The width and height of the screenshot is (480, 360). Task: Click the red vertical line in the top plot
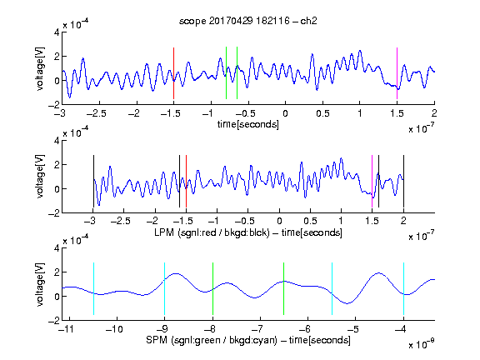click(173, 73)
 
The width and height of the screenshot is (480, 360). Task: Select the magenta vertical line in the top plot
click(397, 73)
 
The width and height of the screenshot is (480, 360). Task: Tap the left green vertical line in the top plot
click(226, 72)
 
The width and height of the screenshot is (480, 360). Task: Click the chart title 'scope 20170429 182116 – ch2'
click(248, 21)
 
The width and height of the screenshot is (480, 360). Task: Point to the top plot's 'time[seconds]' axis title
click(248, 124)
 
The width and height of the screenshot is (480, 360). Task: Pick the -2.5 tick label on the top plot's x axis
click(97, 114)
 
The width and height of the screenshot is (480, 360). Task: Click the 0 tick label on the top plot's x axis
click(285, 114)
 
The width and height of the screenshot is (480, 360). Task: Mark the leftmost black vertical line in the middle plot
click(93, 181)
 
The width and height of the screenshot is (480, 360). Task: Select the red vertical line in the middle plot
click(186, 181)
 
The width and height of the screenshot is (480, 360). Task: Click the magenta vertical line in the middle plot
click(372, 181)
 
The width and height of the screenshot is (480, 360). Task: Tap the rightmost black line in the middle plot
click(403, 181)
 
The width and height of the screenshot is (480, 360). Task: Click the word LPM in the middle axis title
click(164, 232)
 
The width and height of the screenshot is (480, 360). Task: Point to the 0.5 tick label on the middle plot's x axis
click(310, 221)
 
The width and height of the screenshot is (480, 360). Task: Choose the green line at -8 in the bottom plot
click(212, 288)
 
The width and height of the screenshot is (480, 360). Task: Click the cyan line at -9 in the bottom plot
click(165, 288)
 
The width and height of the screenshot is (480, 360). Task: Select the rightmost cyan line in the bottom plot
click(403, 288)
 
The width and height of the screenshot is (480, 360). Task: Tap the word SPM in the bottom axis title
click(157, 340)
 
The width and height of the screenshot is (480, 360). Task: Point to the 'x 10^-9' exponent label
click(422, 343)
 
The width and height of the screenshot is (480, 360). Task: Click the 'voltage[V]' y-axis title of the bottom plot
click(40, 284)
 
